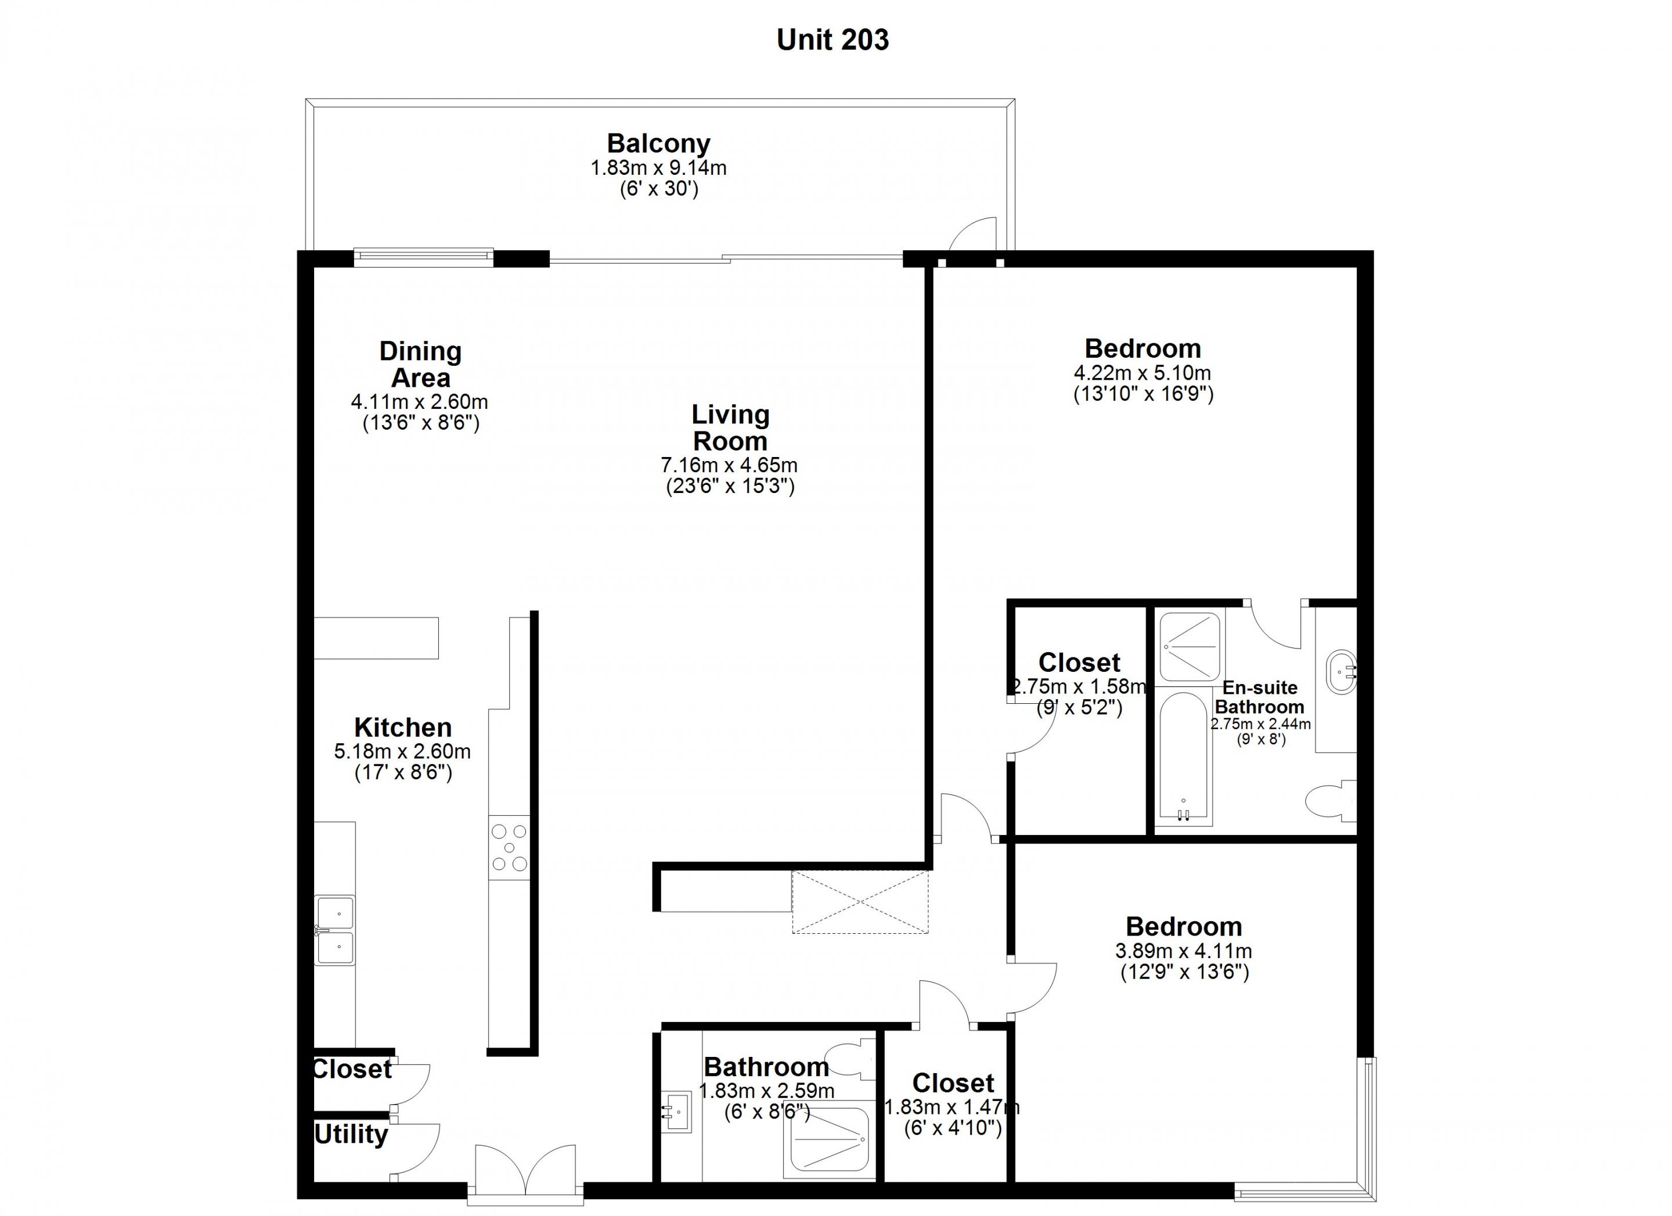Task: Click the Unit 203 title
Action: [833, 40]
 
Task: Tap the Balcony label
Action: [658, 143]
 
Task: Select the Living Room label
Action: [730, 428]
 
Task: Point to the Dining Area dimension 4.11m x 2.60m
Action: [420, 402]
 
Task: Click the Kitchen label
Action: [402, 727]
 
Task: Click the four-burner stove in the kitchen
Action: [509, 847]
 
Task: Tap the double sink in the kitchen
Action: [335, 931]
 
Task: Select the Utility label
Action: [351, 1134]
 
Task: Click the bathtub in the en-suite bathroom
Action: [1183, 757]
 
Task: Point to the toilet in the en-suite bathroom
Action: [1331, 801]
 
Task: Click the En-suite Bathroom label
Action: [1260, 697]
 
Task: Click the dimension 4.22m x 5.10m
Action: [1143, 373]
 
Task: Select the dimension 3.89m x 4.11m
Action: [1184, 951]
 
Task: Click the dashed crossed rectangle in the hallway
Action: [860, 902]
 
